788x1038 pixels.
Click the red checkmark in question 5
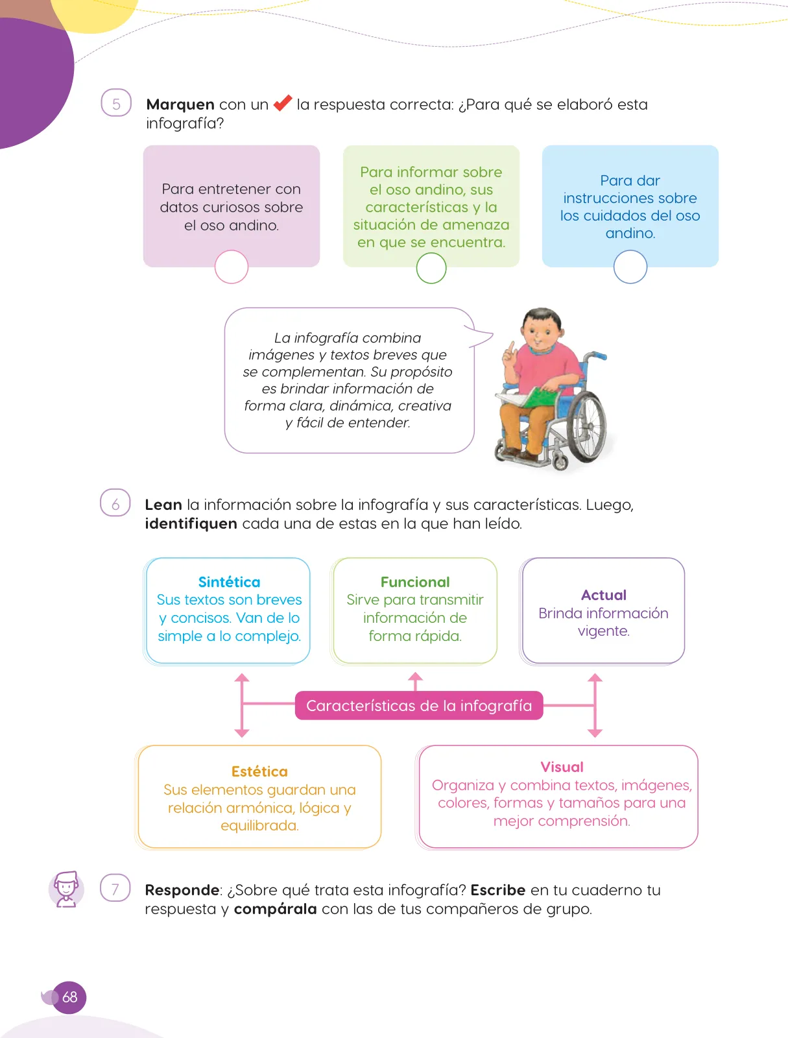point(283,103)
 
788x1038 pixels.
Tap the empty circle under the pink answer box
point(231,267)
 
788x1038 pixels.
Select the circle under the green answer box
point(431,268)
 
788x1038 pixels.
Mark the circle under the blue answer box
point(630,267)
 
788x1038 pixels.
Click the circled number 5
point(116,103)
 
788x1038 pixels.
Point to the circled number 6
point(115,503)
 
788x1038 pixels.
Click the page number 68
point(69,997)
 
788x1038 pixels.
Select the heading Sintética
point(229,582)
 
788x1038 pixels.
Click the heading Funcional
point(415,582)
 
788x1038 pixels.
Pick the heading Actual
point(604,595)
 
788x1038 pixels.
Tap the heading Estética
point(259,771)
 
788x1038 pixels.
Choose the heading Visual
point(562,767)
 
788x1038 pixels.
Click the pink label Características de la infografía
point(419,706)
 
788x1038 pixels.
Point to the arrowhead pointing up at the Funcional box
point(415,677)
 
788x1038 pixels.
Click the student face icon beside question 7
point(66,889)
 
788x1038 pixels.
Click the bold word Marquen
point(180,104)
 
